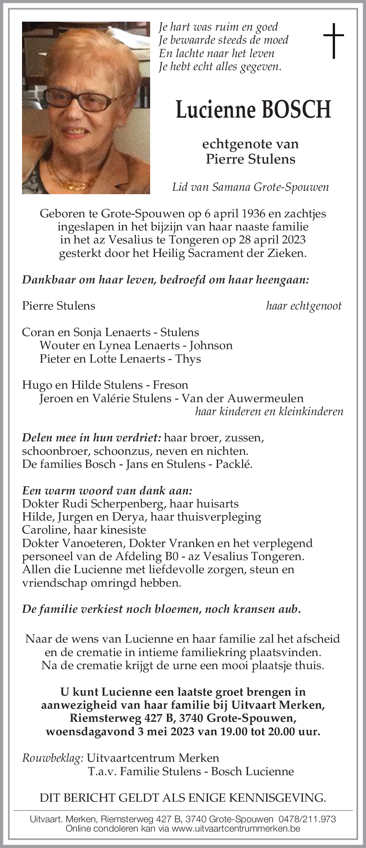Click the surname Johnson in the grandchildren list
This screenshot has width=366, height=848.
click(211, 345)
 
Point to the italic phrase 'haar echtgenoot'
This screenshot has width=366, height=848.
click(304, 306)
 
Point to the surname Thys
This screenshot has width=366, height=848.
click(188, 359)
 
